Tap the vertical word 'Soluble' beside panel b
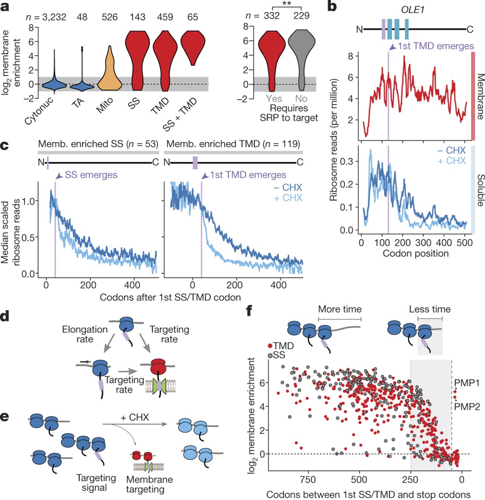[478, 189]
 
